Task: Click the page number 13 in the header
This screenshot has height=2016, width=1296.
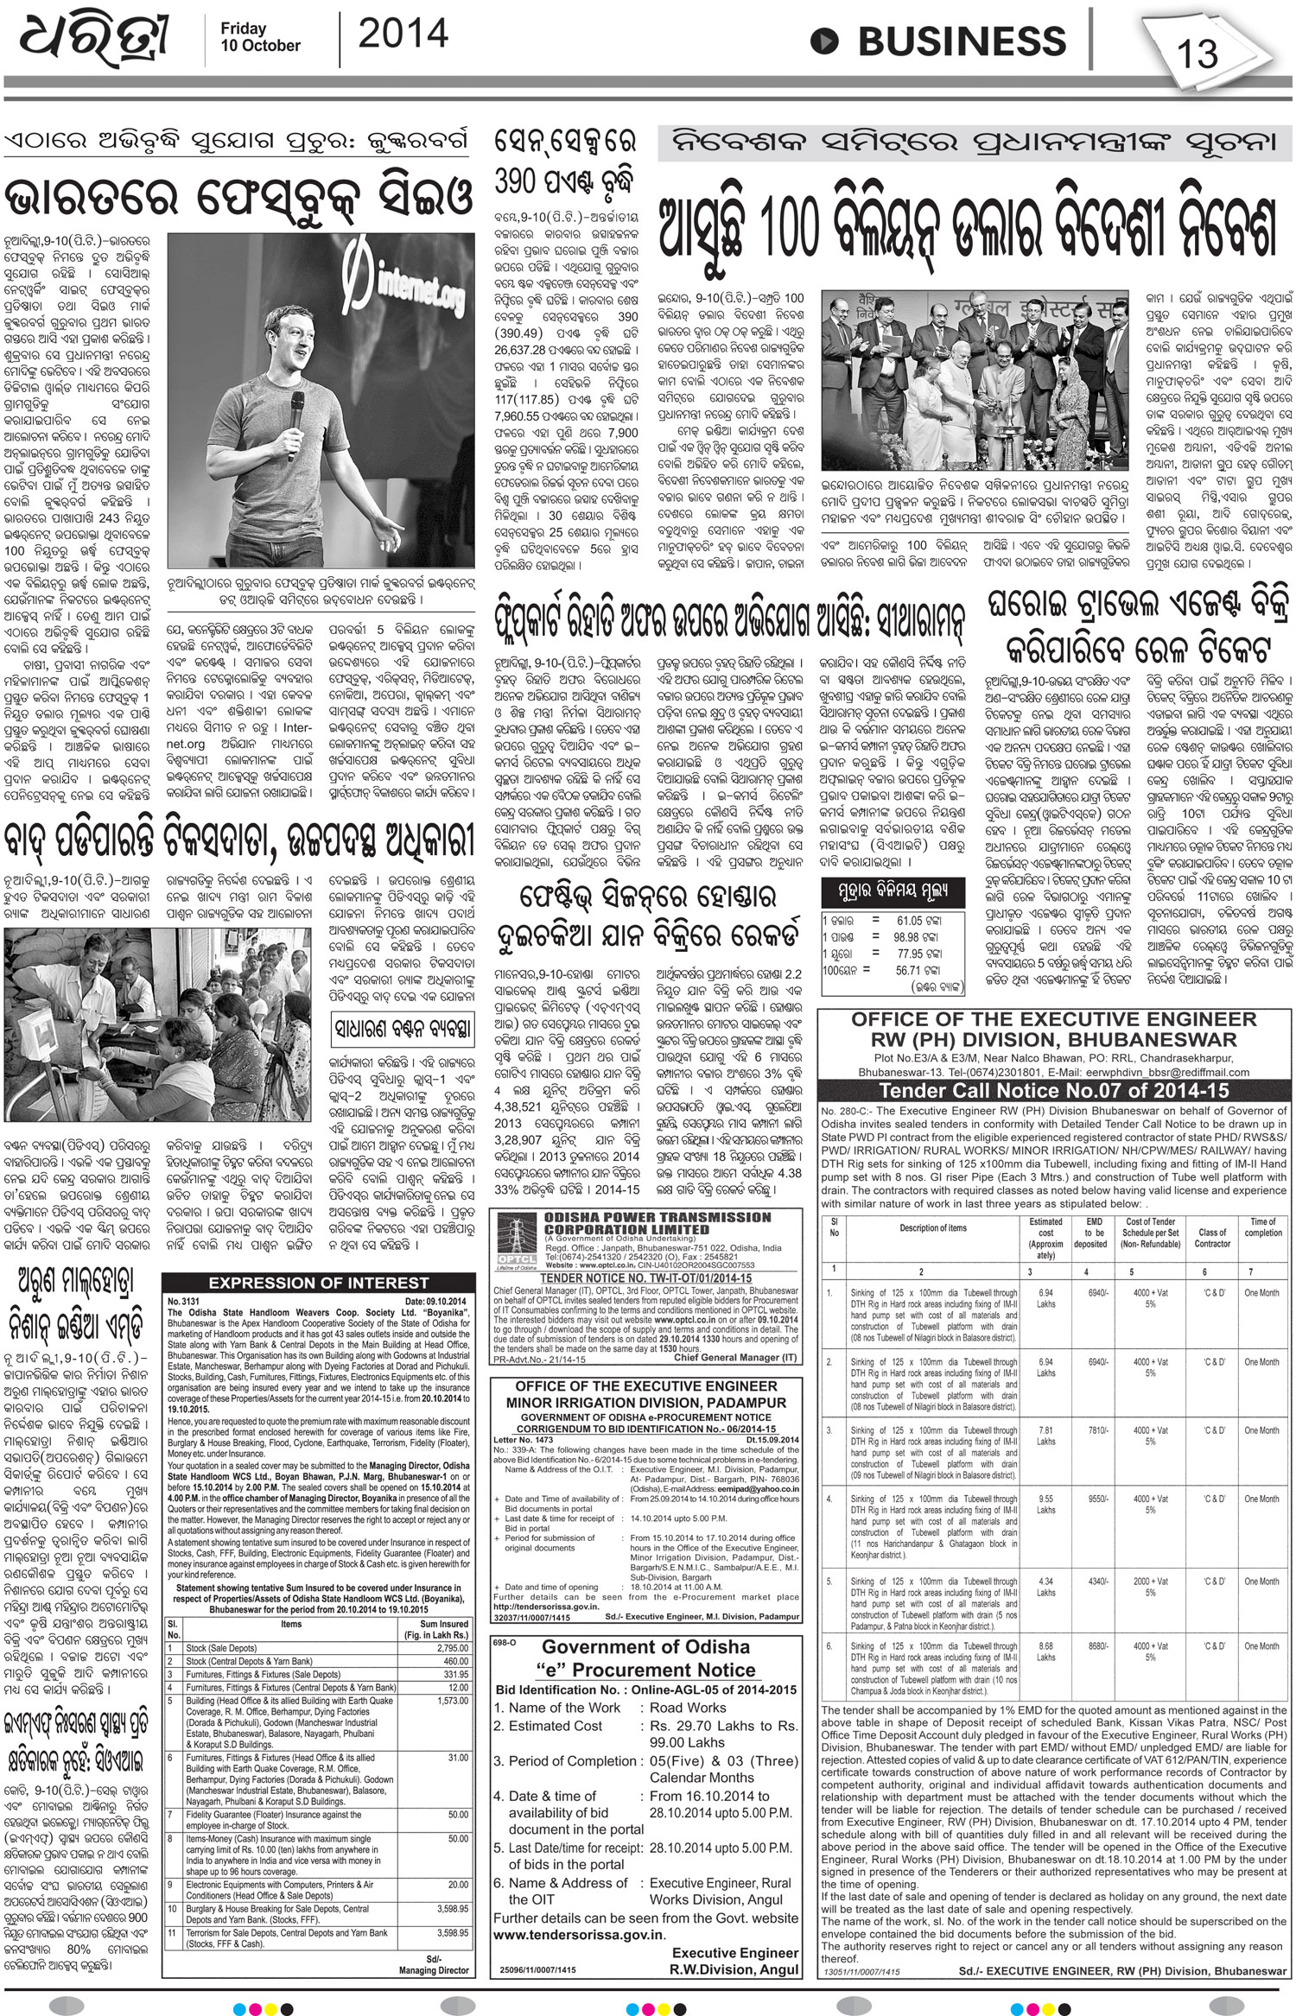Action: tap(1197, 54)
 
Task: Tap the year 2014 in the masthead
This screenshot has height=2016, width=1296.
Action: tap(403, 35)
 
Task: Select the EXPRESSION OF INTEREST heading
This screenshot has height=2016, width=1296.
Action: tap(319, 1283)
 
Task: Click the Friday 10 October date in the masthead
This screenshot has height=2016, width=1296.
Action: tap(260, 37)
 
